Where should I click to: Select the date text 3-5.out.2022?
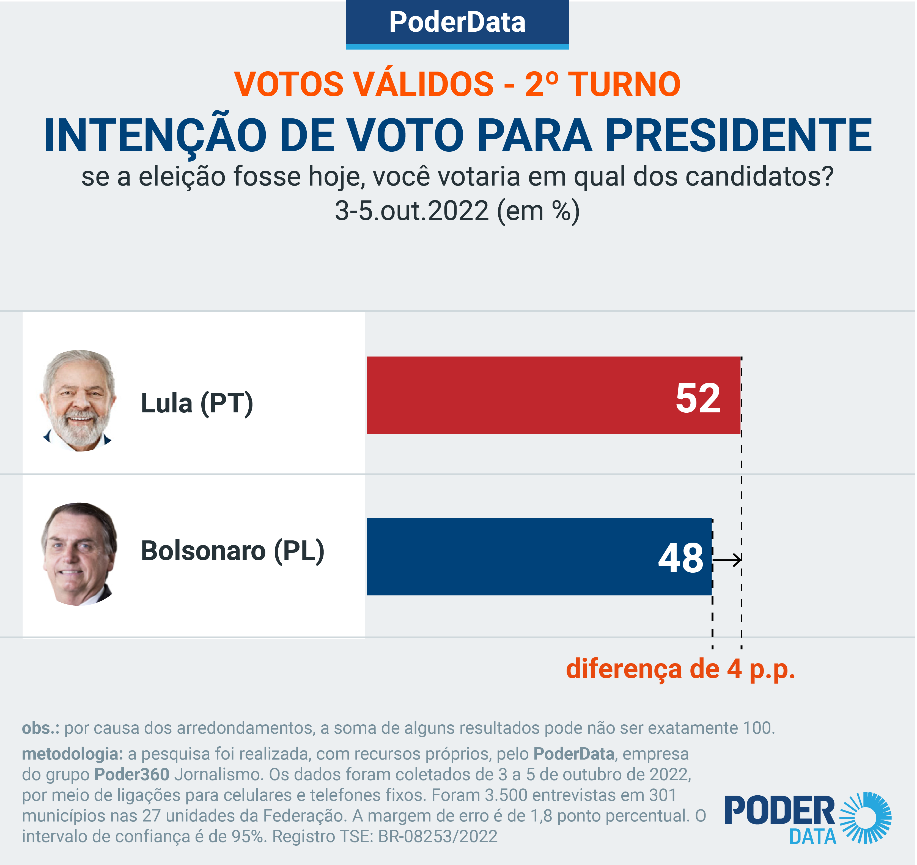click(411, 211)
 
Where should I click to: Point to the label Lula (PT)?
click(197, 403)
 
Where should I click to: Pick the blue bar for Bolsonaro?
click(507, 557)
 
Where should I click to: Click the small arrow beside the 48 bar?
click(728, 560)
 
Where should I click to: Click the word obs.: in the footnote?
click(41, 728)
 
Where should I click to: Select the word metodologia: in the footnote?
click(72, 754)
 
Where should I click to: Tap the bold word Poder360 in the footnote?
click(132, 774)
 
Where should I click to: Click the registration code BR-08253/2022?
click(438, 836)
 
